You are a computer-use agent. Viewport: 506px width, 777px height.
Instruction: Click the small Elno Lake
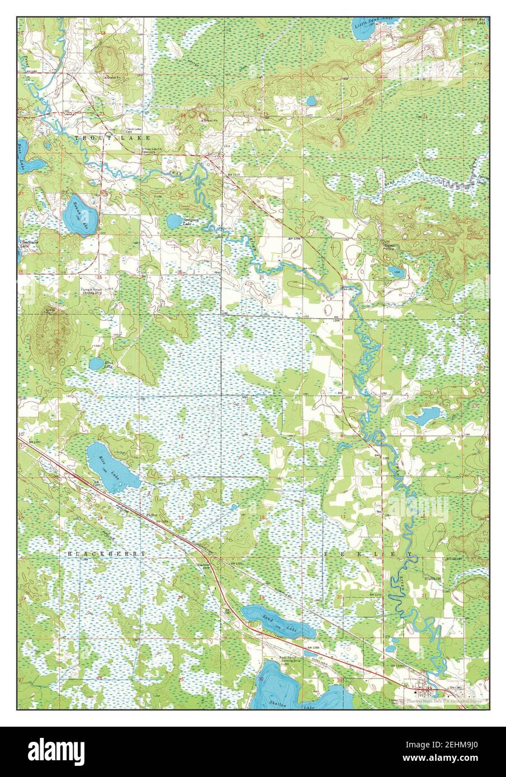(96, 364)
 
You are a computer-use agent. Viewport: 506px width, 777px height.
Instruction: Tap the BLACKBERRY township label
(106, 553)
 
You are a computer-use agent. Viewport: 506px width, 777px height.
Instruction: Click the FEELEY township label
(369, 553)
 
